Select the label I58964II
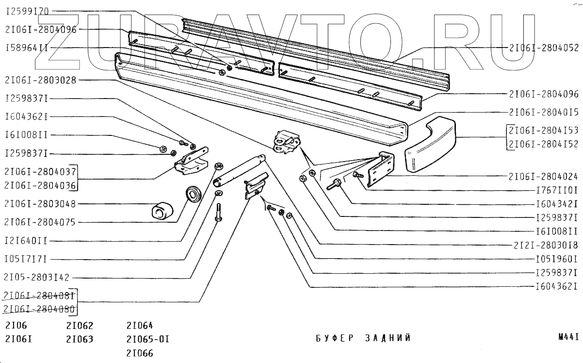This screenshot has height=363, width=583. pos(26,48)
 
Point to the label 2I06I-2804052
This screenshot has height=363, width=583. pos(544,48)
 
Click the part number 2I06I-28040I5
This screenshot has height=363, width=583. pos(544,112)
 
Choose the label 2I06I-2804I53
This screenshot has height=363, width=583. pos(544,131)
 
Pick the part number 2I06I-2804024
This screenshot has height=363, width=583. pos(544,176)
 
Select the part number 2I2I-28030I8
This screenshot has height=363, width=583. pos(546,245)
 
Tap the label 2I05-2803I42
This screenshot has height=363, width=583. pos(36,278)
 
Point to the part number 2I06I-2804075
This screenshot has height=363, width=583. pos(40,222)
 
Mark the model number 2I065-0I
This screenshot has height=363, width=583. pos(147,339)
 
